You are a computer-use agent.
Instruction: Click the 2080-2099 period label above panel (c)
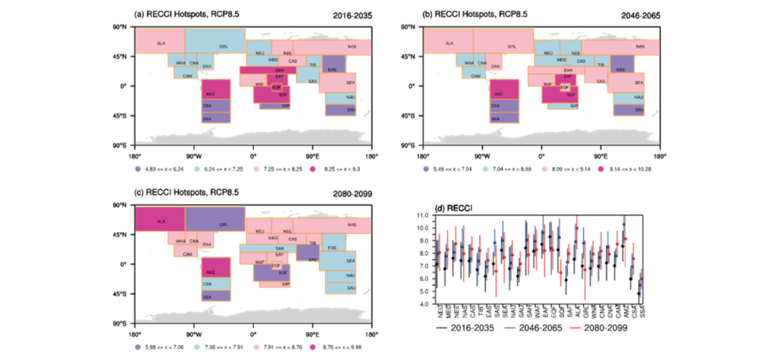pyautogui.click(x=352, y=193)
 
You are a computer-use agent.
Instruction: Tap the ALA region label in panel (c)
pyautogui.click(x=160, y=221)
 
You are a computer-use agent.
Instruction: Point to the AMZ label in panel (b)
pyautogui.click(x=498, y=94)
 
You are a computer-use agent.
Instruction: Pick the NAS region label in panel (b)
pyautogui.click(x=640, y=46)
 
